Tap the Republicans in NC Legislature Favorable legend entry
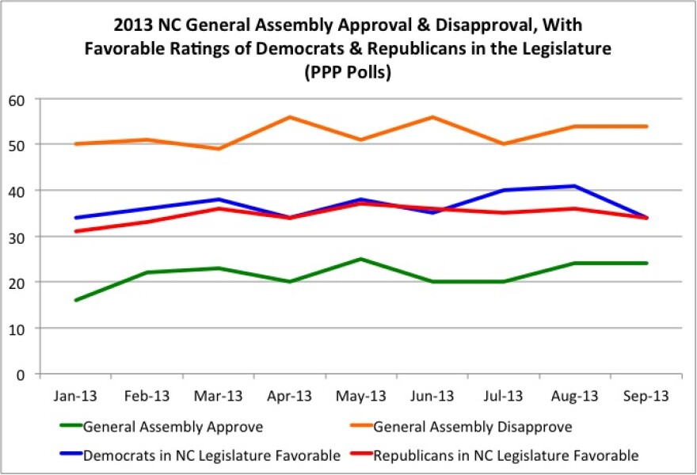[x=505, y=455]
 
